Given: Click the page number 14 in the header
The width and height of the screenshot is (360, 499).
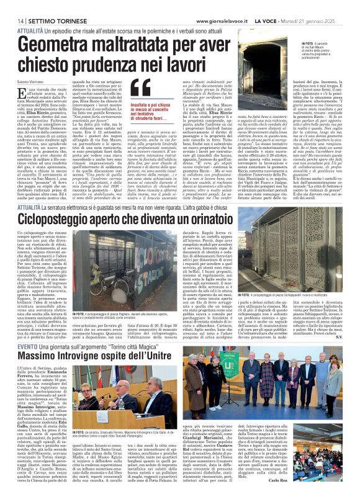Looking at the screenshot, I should tap(12, 4).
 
